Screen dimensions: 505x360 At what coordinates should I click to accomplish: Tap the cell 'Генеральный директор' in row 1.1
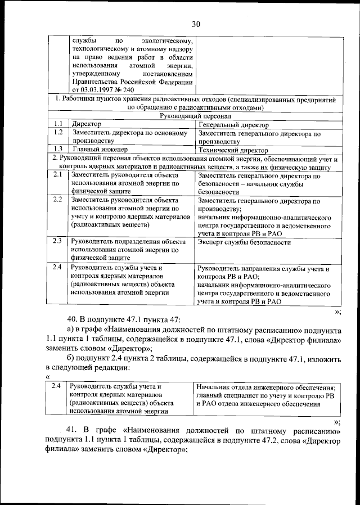tap(233, 124)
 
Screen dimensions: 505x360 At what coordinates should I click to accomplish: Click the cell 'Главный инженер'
tap(100, 150)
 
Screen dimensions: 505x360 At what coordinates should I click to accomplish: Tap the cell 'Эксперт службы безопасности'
tap(245, 242)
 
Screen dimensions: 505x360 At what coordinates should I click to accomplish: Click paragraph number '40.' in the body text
tap(74, 319)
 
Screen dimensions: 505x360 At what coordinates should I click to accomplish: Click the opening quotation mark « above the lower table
tap(48, 377)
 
